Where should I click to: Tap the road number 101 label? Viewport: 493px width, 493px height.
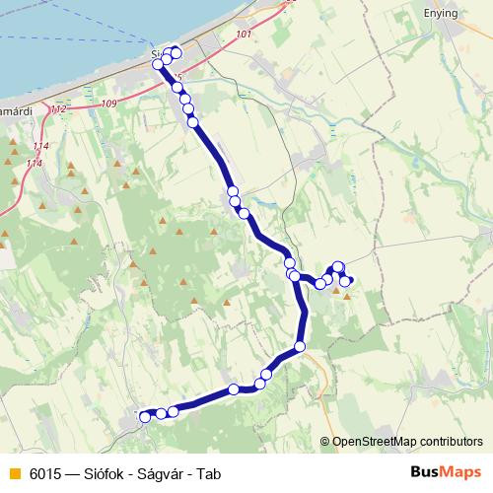tap(246, 35)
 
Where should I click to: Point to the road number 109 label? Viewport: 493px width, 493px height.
tap(108, 104)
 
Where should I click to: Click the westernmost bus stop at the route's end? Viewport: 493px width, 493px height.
tap(145, 417)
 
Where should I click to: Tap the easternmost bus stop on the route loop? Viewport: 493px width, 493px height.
tap(348, 281)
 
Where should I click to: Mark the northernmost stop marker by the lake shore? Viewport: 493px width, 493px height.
tap(176, 52)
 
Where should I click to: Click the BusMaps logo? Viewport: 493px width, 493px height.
tap(447, 473)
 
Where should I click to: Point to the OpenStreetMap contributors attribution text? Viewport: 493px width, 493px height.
tap(407, 442)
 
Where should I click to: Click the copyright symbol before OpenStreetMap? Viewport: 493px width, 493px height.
tap(324, 442)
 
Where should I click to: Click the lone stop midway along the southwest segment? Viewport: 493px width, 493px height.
tap(234, 389)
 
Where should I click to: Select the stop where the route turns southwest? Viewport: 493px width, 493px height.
tap(300, 347)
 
